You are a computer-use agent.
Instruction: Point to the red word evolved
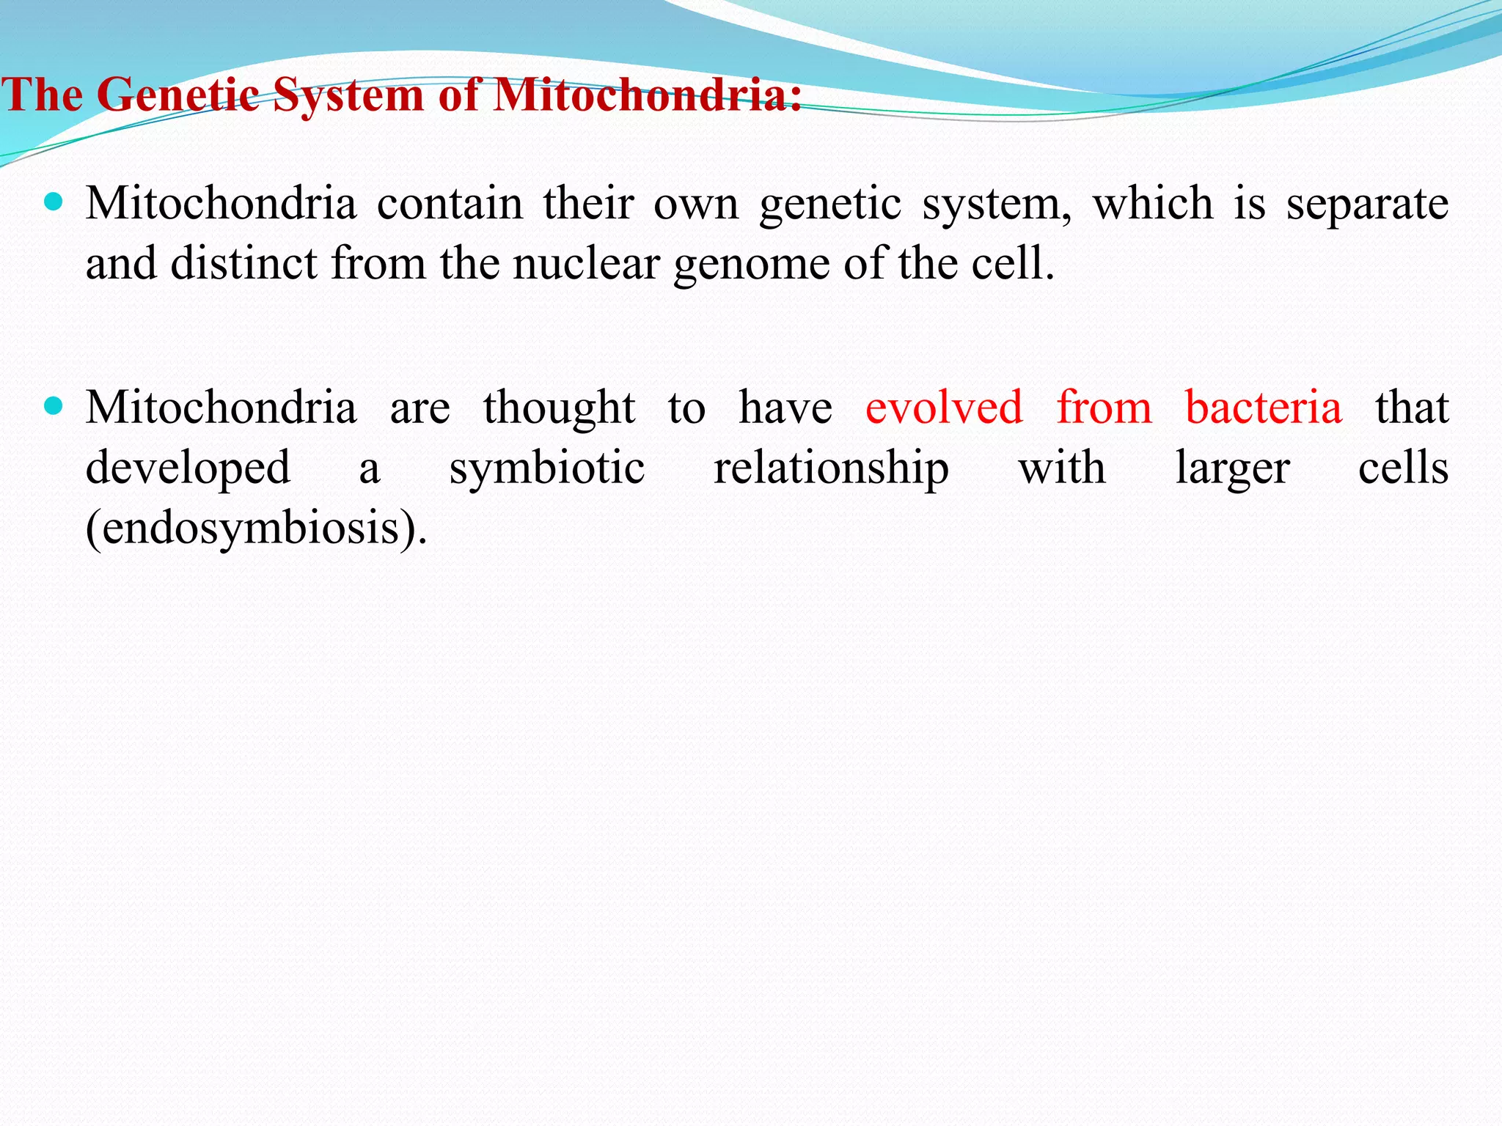click(x=944, y=408)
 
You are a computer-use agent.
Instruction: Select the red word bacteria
click(x=1263, y=408)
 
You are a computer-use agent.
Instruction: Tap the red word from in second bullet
click(x=1104, y=408)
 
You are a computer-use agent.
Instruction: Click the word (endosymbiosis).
click(x=256, y=528)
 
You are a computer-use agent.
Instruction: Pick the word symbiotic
click(x=547, y=469)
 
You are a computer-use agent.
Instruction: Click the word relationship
click(x=831, y=469)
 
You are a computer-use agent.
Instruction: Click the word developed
click(x=188, y=469)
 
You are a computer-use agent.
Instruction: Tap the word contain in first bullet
click(x=450, y=204)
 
